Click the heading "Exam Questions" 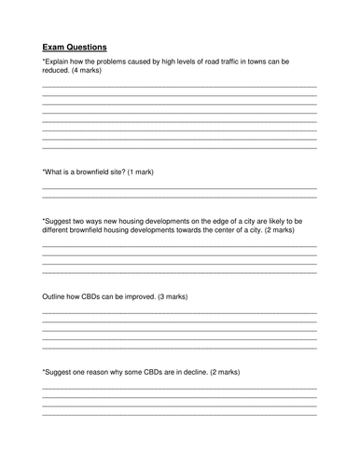click(x=74, y=46)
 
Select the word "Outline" click(x=56, y=296)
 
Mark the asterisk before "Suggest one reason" click(x=43, y=371)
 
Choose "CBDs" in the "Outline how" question click(x=98, y=296)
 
